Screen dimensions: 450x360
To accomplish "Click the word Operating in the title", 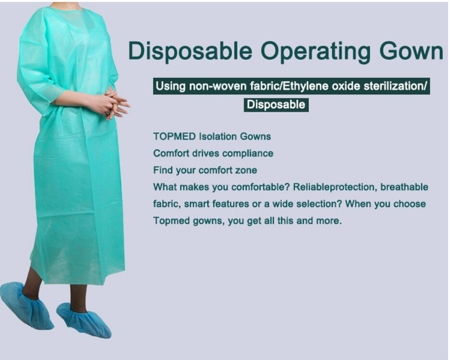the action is [317, 51].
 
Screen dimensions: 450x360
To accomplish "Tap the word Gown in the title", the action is [411, 51].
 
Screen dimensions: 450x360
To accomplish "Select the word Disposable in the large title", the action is [190, 51].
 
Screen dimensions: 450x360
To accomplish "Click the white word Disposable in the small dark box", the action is [276, 104].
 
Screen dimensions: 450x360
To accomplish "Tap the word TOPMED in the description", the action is [175, 136].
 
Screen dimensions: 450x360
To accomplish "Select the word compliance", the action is [248, 154].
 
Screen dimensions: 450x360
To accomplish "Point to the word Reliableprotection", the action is [334, 187].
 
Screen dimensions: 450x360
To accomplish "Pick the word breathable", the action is [404, 187].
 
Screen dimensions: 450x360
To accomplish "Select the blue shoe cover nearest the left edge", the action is [26, 305].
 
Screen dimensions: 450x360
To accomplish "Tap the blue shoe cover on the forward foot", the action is [84, 320].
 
